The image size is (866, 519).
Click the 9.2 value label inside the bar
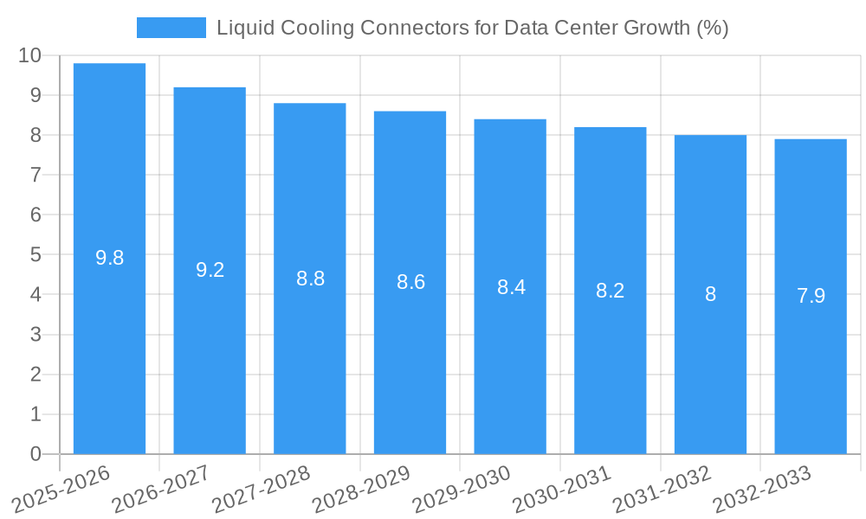tap(210, 270)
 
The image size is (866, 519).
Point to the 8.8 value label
tap(310, 279)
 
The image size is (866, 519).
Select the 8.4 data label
tap(511, 287)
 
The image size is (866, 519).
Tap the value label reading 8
tap(710, 294)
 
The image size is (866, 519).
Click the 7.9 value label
tap(811, 296)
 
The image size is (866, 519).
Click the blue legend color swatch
tap(171, 28)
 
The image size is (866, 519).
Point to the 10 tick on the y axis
tap(29, 55)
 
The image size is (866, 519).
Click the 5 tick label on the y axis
tap(36, 255)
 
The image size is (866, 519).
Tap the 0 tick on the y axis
tap(36, 454)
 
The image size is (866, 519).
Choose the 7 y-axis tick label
tap(36, 175)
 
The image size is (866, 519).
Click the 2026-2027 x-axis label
tap(161, 489)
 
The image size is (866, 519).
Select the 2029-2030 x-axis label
tap(462, 489)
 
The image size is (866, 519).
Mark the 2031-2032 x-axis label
tap(662, 489)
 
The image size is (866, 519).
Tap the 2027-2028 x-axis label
tap(262, 489)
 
